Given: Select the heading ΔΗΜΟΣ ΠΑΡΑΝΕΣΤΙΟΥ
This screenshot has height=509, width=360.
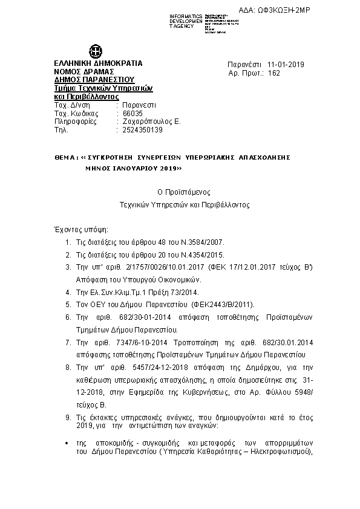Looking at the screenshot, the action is pyautogui.click(x=94, y=79).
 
